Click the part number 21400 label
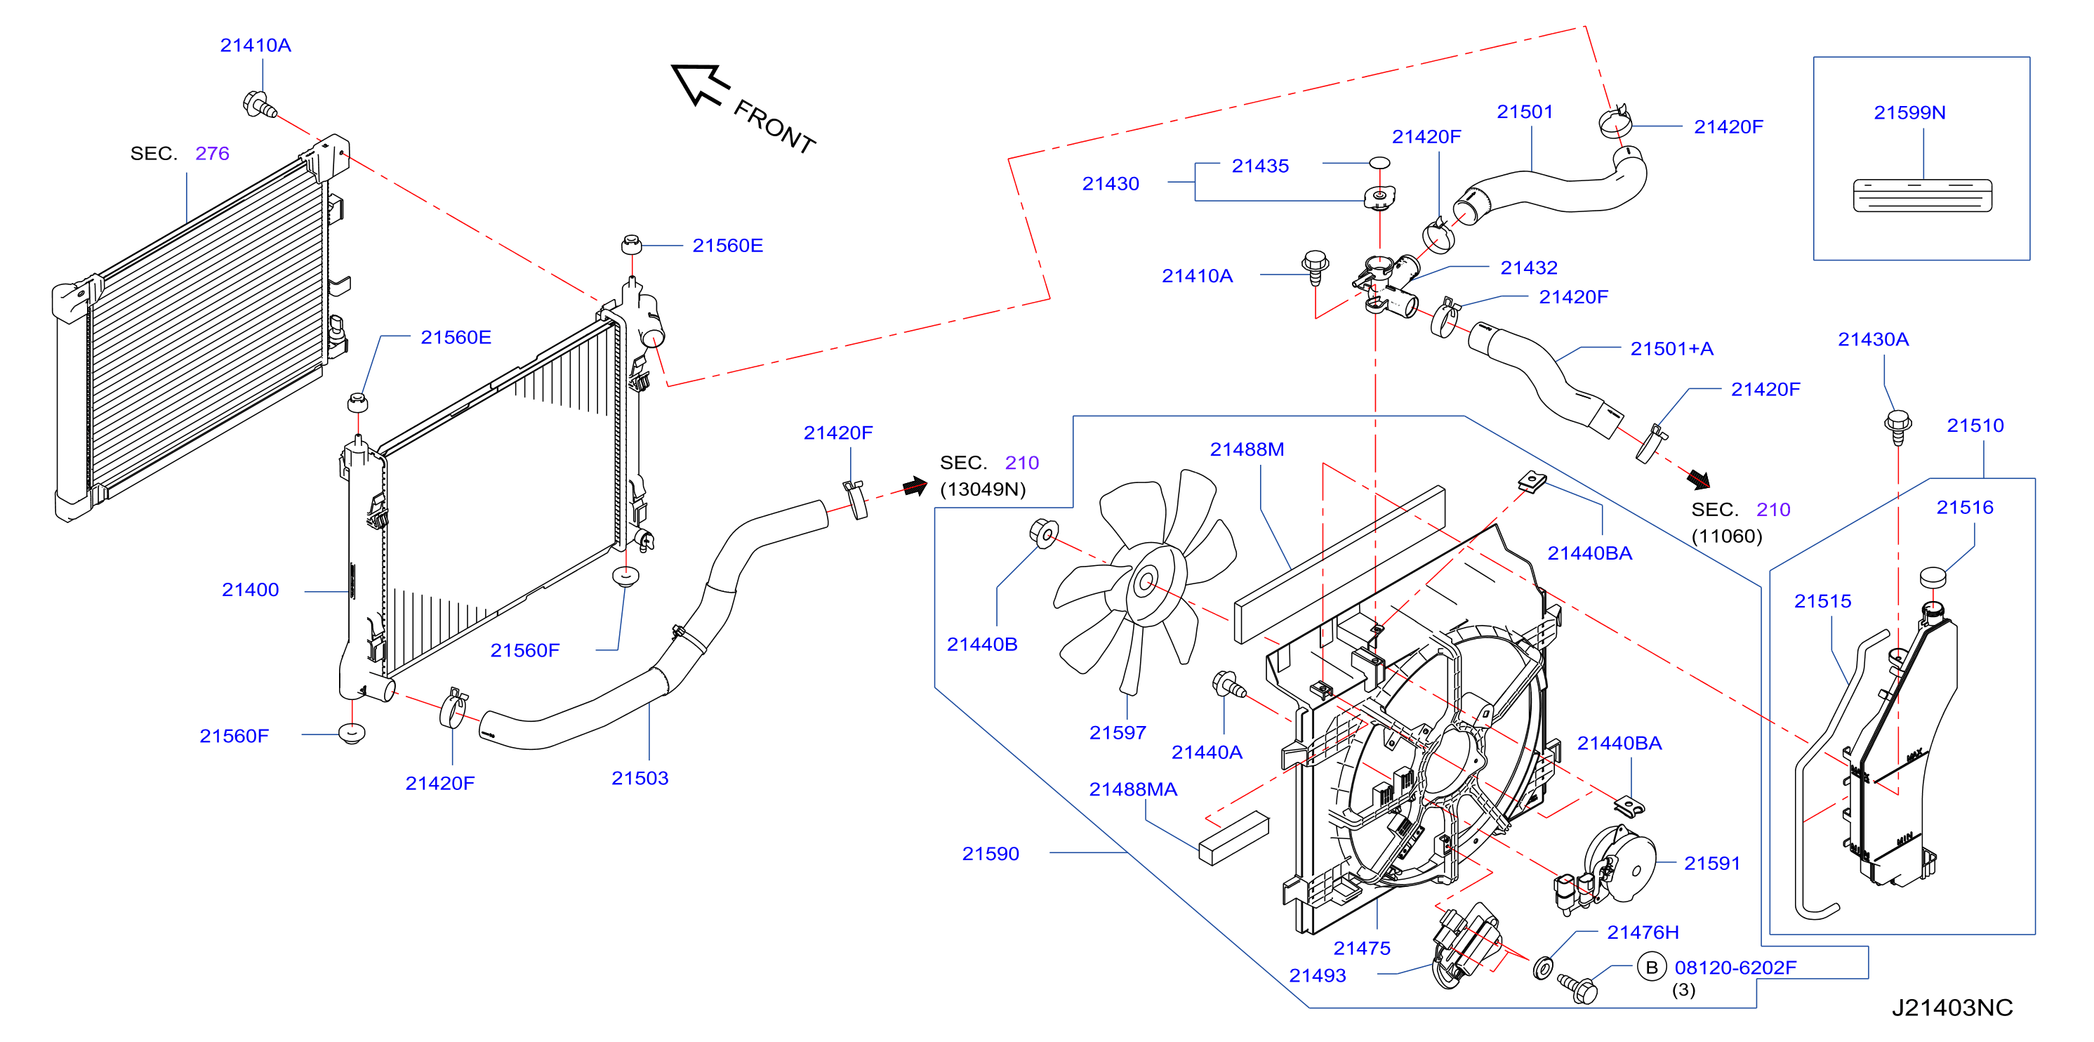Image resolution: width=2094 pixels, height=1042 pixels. [251, 590]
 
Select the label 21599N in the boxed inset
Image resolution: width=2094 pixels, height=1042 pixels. [1909, 113]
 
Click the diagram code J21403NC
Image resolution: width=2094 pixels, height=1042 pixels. [1951, 1008]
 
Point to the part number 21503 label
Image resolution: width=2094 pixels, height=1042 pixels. [640, 779]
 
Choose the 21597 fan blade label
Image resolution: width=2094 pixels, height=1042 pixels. [1118, 733]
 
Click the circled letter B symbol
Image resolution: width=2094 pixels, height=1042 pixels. [1651, 968]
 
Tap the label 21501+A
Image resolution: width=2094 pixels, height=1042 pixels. [1671, 350]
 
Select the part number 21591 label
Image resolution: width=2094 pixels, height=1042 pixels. [1712, 864]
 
